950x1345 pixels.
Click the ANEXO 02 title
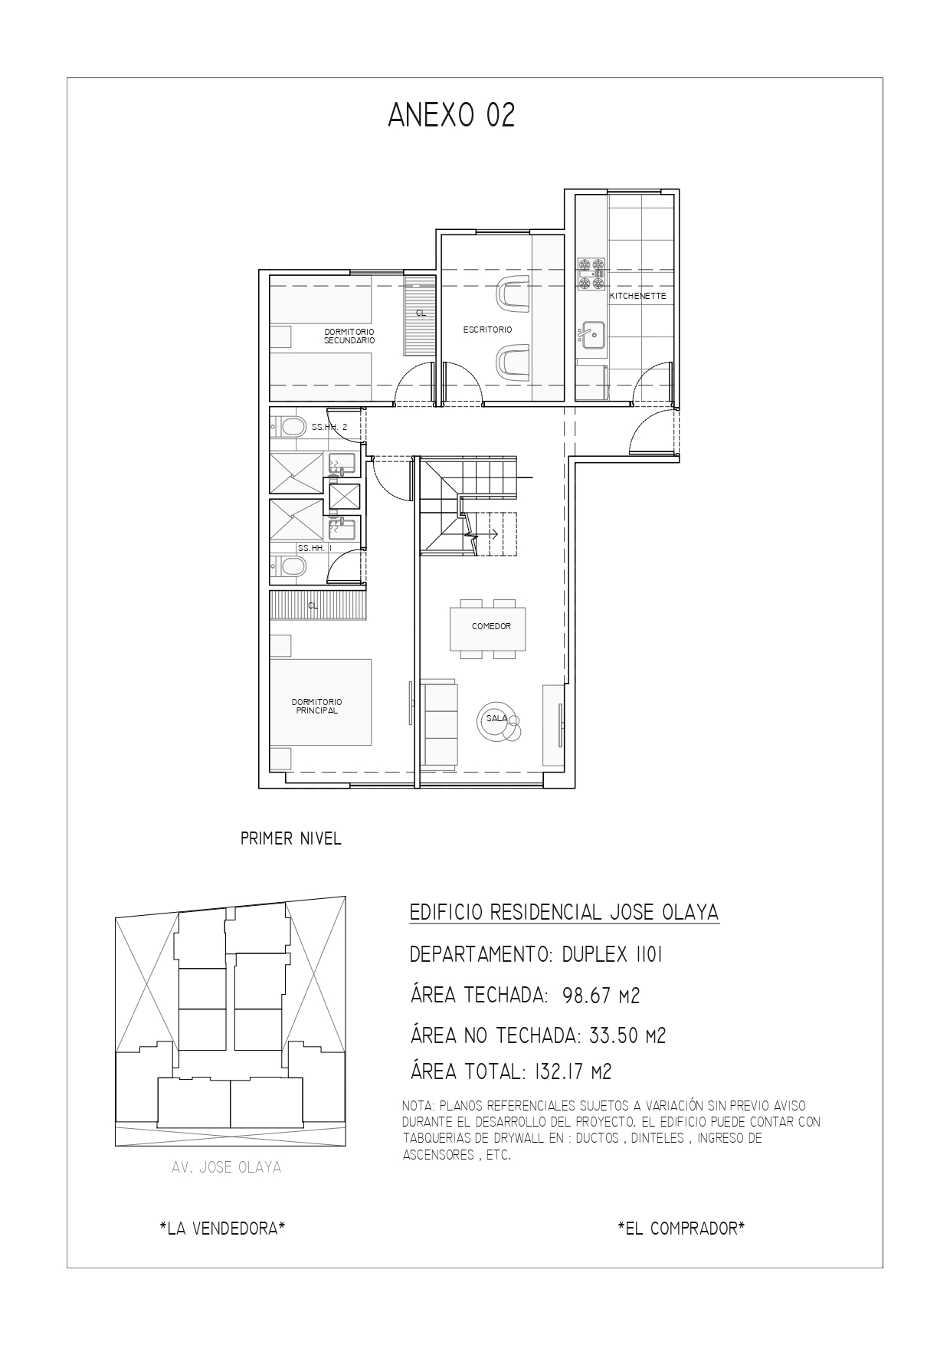pos(451,115)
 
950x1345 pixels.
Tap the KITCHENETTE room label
pos(637,296)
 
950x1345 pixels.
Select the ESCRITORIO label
pos(487,330)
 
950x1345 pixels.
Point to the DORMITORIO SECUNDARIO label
pos(349,336)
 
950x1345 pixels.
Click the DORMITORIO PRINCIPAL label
pos(316,706)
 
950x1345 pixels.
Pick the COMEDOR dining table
pos(488,626)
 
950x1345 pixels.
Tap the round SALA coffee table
pos(497,720)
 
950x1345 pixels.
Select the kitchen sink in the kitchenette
pos(591,334)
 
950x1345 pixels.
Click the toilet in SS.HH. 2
pos(289,426)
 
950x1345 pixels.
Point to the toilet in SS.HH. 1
pos(289,566)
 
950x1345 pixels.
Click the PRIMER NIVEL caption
pos(291,838)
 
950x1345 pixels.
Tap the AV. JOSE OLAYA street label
pos(227,1168)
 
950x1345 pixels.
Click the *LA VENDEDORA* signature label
pos(223,1228)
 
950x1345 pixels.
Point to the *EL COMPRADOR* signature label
pos(682,1228)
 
